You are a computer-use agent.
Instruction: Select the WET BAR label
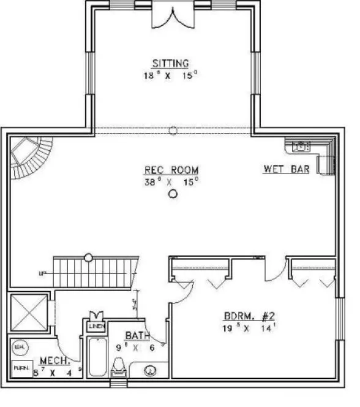(287, 169)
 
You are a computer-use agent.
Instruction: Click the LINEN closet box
(96, 327)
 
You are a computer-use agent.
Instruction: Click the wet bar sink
(301, 146)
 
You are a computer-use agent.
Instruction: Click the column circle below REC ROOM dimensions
(173, 194)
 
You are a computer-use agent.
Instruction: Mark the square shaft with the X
(29, 313)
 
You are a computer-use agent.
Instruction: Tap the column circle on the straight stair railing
(89, 257)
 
